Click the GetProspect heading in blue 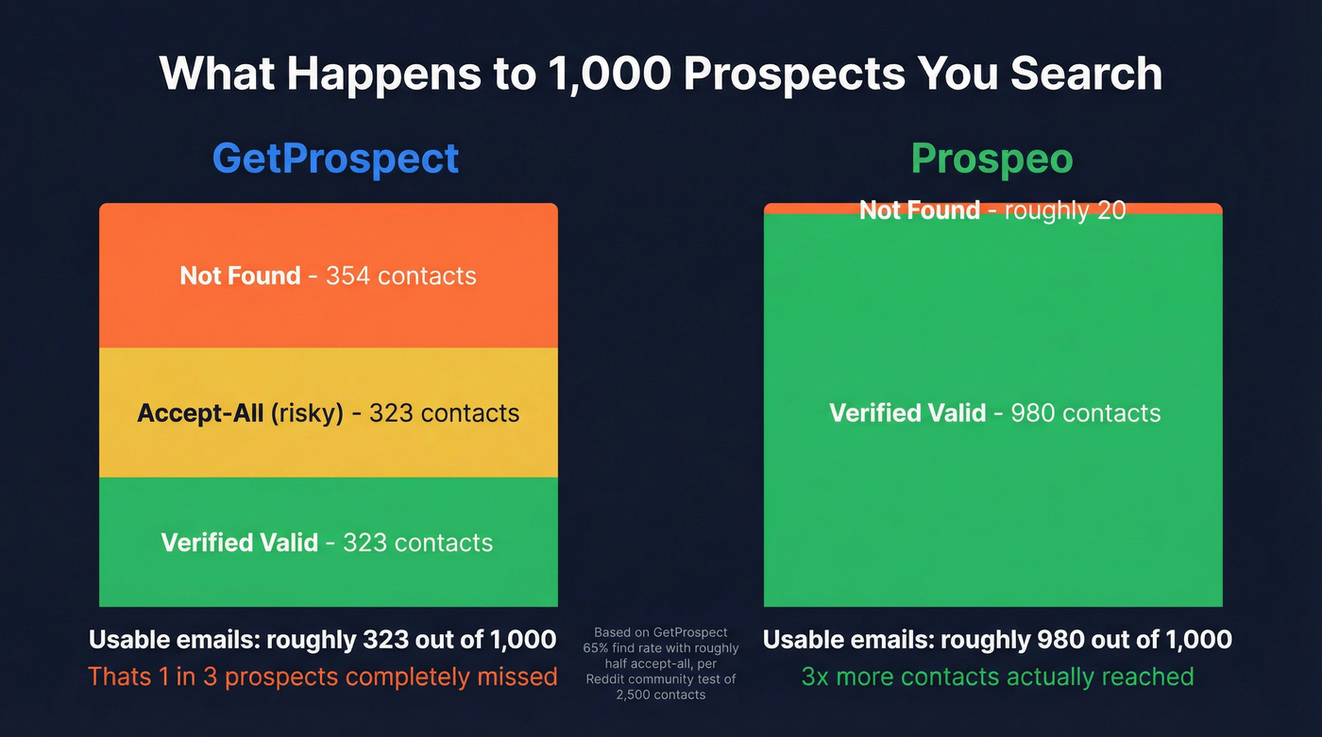(335, 159)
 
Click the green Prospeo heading (991, 159)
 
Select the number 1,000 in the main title (609, 73)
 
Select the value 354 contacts (400, 276)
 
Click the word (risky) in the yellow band (307, 413)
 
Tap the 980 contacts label (1085, 413)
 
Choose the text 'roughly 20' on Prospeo (1064, 210)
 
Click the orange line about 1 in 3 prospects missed (322, 677)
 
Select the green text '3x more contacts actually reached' (997, 677)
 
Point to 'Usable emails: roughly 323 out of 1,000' (322, 640)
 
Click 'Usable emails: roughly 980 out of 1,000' (997, 640)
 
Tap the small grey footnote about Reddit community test (660, 663)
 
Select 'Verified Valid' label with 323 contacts (239, 543)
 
